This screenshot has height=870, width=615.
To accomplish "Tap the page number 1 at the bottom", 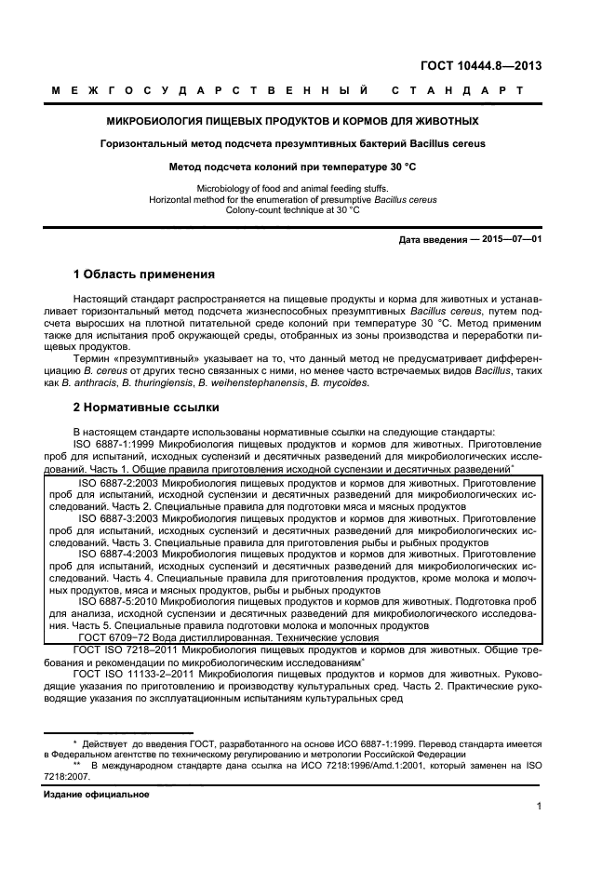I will [539, 807].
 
